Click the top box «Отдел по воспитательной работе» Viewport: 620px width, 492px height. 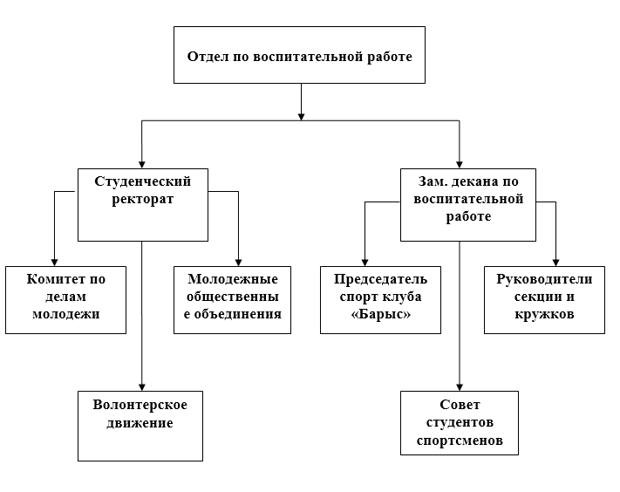tap(300, 55)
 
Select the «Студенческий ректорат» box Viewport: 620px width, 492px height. tap(143, 204)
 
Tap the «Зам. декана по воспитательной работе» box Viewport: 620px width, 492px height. tap(468, 204)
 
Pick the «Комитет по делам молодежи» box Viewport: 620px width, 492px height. tap(66, 299)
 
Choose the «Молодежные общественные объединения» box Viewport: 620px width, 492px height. tap(233, 299)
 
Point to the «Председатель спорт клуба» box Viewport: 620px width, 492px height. tap(380, 299)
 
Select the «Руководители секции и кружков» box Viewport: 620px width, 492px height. tap(544, 299)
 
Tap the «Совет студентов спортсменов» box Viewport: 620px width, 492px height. tap(460, 423)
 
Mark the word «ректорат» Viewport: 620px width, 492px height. tap(143, 199)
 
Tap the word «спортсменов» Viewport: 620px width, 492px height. tap(460, 441)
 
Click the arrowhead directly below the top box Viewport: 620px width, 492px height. tap(301, 113)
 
